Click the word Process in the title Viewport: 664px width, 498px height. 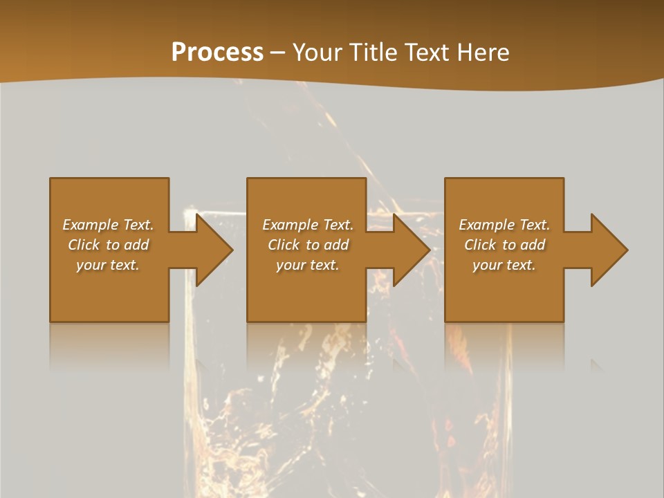[217, 53]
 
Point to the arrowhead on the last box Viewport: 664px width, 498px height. [608, 250]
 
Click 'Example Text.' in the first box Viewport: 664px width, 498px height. [108, 225]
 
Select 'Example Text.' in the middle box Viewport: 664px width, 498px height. [307, 225]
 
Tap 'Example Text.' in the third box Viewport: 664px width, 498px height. [504, 225]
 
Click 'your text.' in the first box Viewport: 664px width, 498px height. [108, 265]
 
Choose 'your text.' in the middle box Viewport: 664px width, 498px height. [307, 265]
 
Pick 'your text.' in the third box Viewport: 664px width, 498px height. [504, 265]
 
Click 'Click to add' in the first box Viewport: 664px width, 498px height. [108, 245]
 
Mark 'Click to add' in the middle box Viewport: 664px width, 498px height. [307, 245]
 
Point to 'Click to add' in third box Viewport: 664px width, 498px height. [504, 245]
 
